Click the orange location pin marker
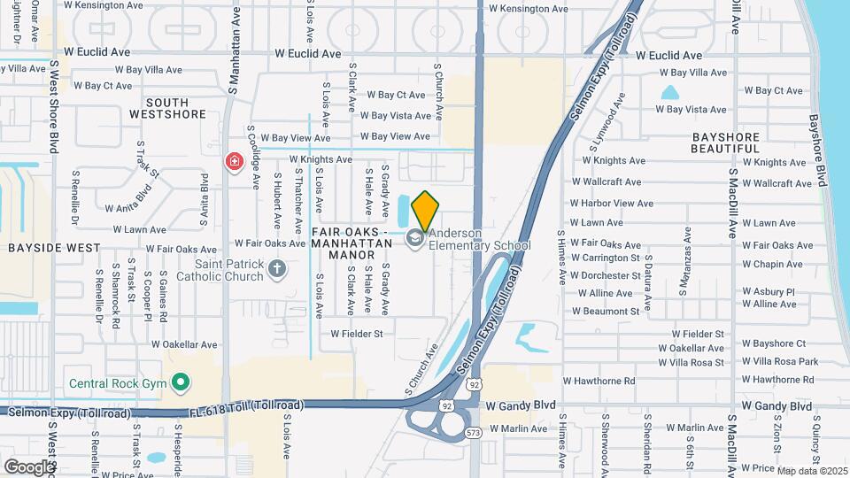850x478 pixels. click(425, 210)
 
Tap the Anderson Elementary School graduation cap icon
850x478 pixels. click(414, 237)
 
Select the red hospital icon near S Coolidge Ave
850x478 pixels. click(234, 162)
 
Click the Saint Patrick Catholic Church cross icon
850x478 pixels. click(277, 268)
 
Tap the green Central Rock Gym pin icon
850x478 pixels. click(182, 383)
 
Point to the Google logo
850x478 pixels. click(29, 466)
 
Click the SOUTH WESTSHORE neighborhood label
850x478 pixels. click(168, 108)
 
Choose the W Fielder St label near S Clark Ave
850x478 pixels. click(357, 334)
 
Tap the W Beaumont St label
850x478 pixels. click(605, 312)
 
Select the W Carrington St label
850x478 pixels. click(606, 258)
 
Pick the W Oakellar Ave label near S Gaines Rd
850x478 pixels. click(184, 344)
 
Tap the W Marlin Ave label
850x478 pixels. click(517, 428)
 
